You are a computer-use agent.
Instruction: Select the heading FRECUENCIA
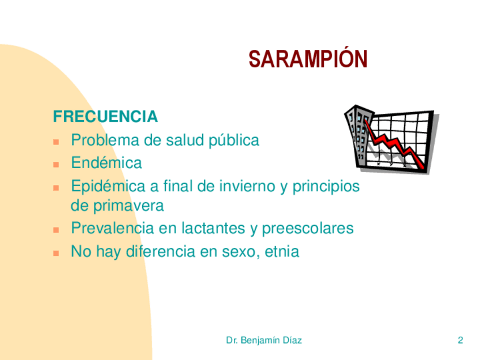tap(105, 117)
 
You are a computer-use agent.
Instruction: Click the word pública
tap(234, 141)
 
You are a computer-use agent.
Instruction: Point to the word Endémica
tap(106, 162)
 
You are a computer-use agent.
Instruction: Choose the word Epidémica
tap(108, 186)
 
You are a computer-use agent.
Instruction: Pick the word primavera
tap(128, 205)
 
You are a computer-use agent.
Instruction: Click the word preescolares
tap(308, 229)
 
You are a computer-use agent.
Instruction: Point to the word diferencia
tap(161, 251)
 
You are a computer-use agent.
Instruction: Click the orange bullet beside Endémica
tap(56, 165)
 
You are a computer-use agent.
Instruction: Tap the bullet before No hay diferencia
tap(56, 253)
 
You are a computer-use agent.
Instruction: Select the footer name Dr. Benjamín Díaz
tap(264, 340)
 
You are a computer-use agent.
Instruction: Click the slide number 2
tap(460, 340)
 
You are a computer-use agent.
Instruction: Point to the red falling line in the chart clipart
tap(395, 144)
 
